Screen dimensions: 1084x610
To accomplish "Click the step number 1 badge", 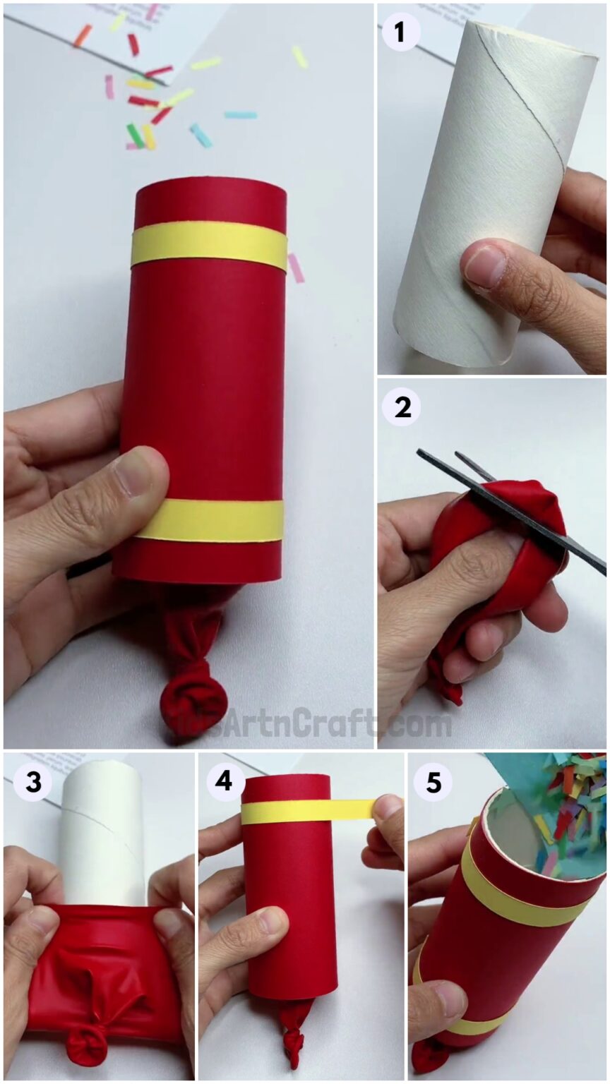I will [x=400, y=32].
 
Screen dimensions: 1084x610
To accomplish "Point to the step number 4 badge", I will [x=225, y=783].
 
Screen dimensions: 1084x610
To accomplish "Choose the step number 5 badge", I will [x=432, y=783].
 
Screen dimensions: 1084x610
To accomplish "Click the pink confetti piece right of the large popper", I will [x=295, y=268].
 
